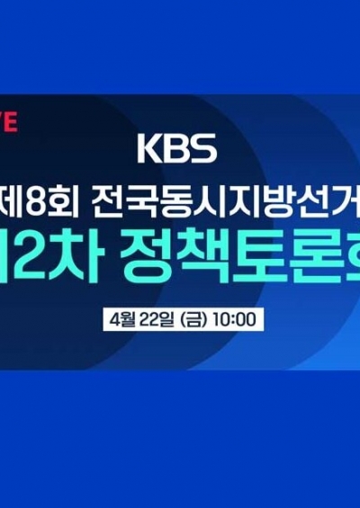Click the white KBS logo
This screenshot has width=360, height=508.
[x=178, y=148]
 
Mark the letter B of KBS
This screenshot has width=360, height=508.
[x=177, y=148]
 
